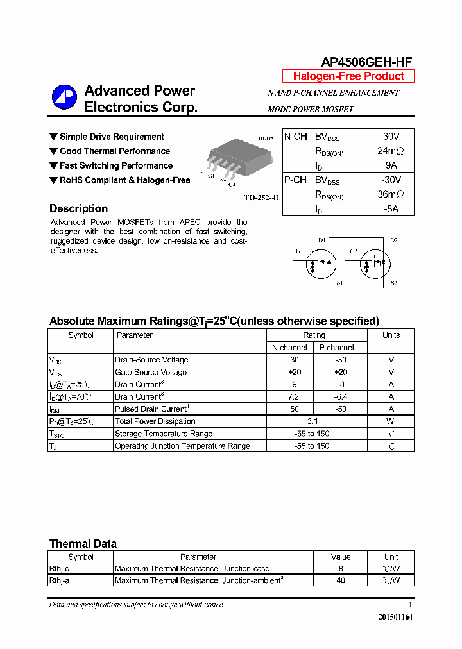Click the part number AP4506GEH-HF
[x=366, y=62]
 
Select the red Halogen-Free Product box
[x=348, y=76]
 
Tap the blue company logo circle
[x=64, y=97]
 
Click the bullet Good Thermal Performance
[x=114, y=151]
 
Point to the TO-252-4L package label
[x=262, y=198]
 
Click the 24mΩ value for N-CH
[x=390, y=151]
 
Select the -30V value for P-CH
[x=390, y=180]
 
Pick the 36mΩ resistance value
[x=390, y=195]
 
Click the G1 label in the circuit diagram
[x=299, y=251]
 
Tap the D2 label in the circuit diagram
[x=393, y=240]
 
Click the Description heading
[x=78, y=208]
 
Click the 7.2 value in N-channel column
[x=295, y=396]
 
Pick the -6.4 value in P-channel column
[x=340, y=396]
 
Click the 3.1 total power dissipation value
[x=312, y=421]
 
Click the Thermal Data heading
[x=83, y=544]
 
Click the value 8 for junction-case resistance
[x=341, y=568]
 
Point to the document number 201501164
[x=396, y=617]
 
